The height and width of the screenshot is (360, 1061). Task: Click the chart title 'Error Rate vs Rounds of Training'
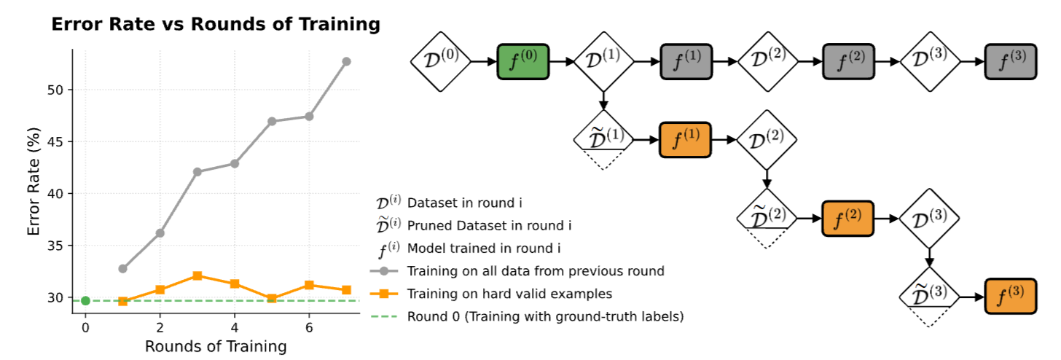(x=216, y=25)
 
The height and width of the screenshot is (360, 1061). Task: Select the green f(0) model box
(x=522, y=61)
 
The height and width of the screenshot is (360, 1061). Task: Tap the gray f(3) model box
(x=1010, y=61)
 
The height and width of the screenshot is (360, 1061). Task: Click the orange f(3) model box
(x=1010, y=296)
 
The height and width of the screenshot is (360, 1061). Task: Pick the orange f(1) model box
(x=685, y=139)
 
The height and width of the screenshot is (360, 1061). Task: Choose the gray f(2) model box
(x=847, y=61)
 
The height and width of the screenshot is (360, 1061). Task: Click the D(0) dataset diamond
(x=441, y=61)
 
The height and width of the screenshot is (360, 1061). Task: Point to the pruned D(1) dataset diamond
(x=603, y=138)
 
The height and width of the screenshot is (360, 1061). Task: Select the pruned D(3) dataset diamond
(x=929, y=295)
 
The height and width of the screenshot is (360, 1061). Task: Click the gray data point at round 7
(x=346, y=61)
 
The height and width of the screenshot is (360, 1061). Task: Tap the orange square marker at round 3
(x=197, y=276)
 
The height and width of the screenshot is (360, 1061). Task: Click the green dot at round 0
(x=85, y=300)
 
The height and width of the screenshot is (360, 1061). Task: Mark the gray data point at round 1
(x=122, y=269)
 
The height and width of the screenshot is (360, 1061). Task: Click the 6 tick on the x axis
(x=309, y=326)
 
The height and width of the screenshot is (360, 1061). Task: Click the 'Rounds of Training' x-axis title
(x=216, y=346)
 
